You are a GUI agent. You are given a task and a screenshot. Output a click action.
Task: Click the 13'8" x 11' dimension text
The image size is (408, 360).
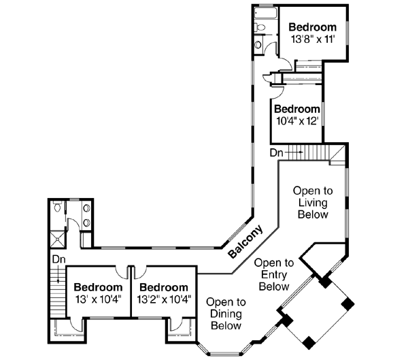tap(313, 40)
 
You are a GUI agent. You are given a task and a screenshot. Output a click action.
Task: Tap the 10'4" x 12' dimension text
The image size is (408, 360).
tap(297, 121)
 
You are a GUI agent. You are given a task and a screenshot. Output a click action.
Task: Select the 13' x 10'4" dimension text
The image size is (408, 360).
tap(98, 299)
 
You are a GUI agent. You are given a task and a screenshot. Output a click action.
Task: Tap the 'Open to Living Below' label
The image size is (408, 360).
tap(312, 203)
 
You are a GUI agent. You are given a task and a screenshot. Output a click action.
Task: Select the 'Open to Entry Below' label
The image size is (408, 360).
tap(273, 274)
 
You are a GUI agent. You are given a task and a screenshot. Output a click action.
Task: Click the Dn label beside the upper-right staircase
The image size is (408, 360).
tap(276, 152)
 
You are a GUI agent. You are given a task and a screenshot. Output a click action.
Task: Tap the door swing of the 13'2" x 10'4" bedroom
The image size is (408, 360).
tap(141, 272)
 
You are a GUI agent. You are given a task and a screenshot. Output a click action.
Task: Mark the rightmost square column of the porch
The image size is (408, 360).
tap(348, 303)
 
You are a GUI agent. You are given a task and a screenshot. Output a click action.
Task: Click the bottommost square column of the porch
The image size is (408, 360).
tap(310, 340)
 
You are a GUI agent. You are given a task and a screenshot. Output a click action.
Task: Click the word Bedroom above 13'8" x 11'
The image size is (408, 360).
tap(313, 27)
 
